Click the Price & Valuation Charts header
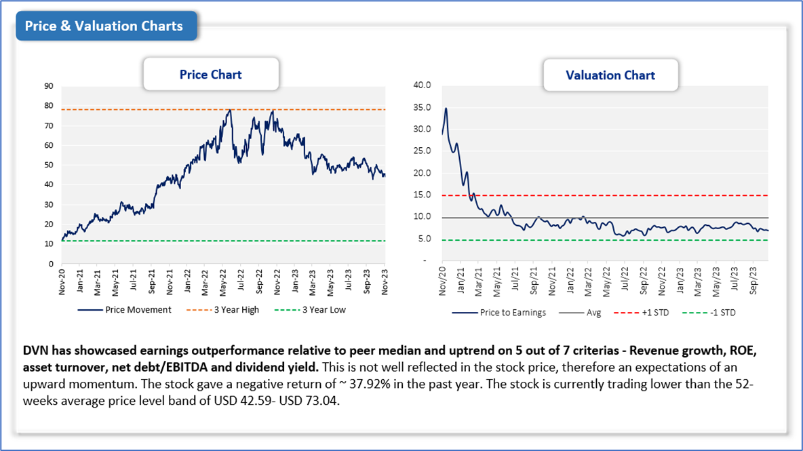point(104,26)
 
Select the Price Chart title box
point(210,75)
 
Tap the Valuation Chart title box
point(610,75)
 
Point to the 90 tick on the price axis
point(49,86)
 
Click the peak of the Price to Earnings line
point(446,109)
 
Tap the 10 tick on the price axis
point(49,244)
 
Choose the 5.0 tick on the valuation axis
point(423,239)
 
